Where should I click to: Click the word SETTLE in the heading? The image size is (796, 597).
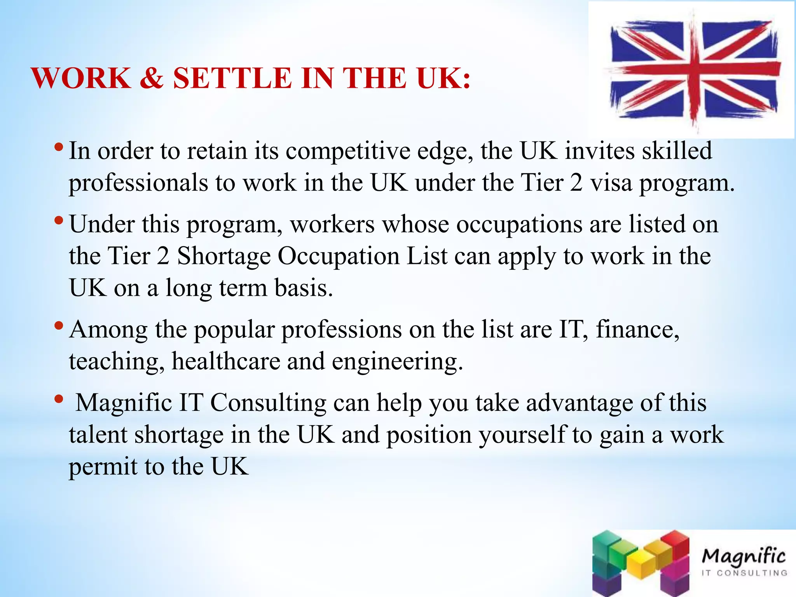tap(232, 78)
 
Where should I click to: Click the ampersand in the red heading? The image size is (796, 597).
tap(151, 78)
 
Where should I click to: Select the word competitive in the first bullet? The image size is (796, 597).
tap(348, 152)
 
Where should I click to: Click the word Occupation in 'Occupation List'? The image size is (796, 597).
tap(339, 257)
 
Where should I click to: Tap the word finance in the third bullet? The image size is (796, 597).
tap(637, 329)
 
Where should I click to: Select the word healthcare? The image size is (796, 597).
tap(226, 361)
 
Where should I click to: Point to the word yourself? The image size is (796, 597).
tap(522, 435)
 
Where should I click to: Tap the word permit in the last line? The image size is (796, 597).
tap(103, 467)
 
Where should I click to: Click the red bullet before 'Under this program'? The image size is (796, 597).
tap(59, 221)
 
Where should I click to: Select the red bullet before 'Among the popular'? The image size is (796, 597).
tap(59, 325)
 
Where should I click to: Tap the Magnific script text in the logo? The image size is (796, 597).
tap(743, 556)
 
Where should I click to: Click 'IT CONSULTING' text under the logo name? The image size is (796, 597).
tap(744, 573)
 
